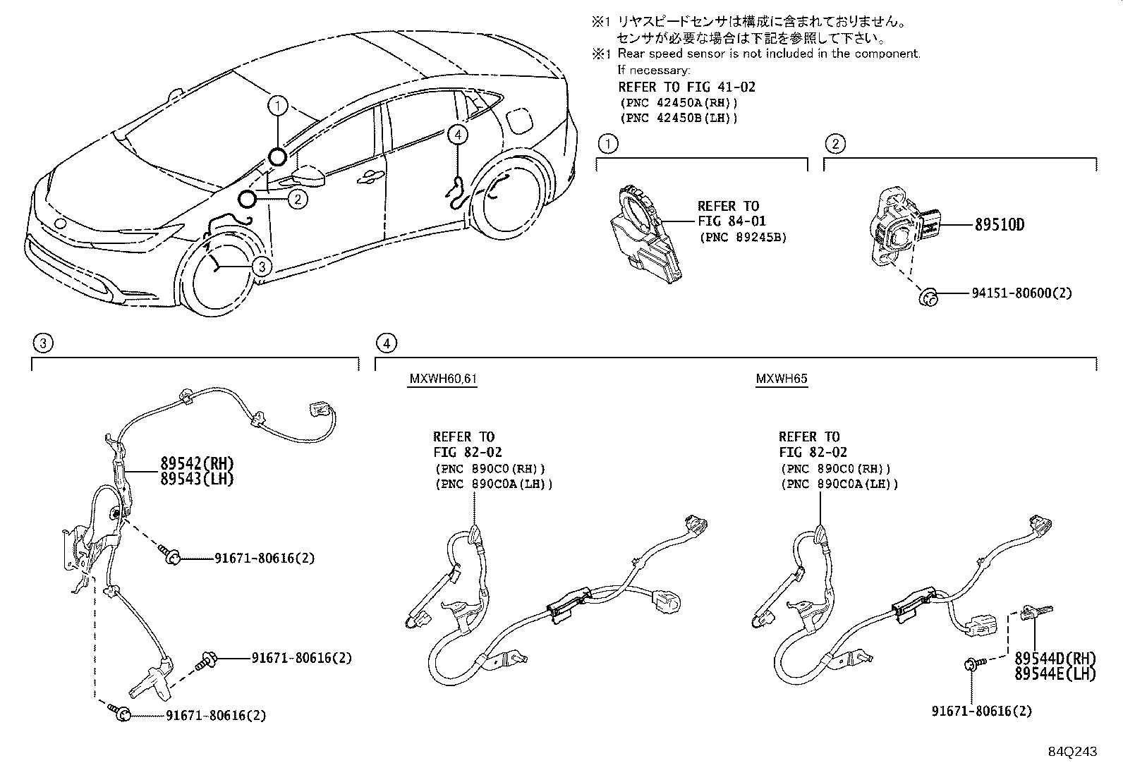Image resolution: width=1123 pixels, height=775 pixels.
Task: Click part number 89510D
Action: (999, 224)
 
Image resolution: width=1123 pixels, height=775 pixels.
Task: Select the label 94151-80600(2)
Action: (1021, 293)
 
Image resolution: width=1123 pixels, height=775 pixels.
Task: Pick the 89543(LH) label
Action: (197, 479)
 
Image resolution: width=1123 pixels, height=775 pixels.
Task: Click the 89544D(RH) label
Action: (1055, 658)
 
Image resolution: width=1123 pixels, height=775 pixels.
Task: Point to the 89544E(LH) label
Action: (1055, 673)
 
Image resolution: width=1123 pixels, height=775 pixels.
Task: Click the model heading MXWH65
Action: (782, 379)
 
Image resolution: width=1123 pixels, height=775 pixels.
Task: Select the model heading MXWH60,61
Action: (443, 379)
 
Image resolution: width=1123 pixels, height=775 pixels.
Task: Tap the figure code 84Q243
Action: (1072, 752)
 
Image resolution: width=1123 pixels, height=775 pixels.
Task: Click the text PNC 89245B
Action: (743, 237)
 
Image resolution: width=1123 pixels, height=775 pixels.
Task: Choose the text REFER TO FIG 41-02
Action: (686, 87)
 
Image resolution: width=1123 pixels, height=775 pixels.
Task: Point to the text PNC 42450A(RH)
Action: (679, 103)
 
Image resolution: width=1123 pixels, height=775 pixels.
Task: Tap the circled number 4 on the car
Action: (457, 135)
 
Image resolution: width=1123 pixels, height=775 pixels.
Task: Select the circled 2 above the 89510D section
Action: (835, 144)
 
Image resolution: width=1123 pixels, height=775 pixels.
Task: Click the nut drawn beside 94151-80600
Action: (928, 298)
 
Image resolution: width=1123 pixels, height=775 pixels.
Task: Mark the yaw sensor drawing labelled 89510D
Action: (904, 226)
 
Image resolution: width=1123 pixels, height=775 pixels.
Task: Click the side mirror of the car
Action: (308, 176)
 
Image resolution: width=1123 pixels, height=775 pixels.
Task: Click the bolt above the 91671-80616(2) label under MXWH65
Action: (974, 664)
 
